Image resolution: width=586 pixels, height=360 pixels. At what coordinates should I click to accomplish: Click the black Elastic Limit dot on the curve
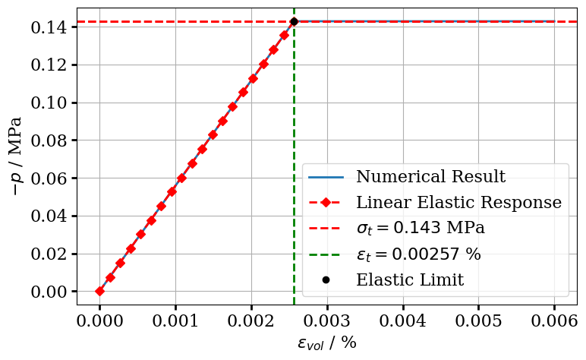pyautogui.click(x=294, y=21)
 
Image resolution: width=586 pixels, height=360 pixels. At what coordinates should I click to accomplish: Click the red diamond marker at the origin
pyautogui.click(x=99, y=291)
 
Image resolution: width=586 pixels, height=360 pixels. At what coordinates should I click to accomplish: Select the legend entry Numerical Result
pyautogui.click(x=430, y=178)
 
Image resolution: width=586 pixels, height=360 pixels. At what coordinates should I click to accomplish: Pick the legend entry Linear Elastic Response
pyautogui.click(x=458, y=203)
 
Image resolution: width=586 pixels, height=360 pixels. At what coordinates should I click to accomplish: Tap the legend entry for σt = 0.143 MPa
pyautogui.click(x=420, y=229)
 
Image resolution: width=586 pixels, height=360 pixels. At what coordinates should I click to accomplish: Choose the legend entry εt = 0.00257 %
pyautogui.click(x=418, y=254)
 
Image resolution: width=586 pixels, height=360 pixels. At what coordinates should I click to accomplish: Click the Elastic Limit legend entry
pyautogui.click(x=409, y=280)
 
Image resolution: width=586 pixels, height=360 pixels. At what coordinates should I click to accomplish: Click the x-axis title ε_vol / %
pyautogui.click(x=326, y=343)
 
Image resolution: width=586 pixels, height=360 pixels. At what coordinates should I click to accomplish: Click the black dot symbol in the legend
pyautogui.click(x=326, y=279)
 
